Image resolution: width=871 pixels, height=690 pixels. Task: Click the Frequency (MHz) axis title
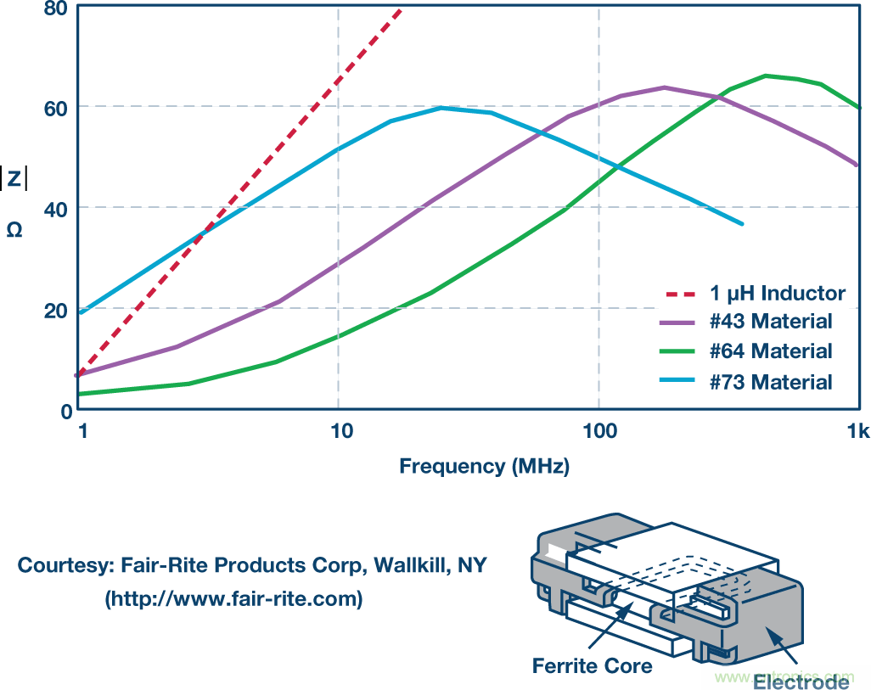point(485,466)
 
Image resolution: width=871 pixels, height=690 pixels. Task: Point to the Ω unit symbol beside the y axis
point(14,229)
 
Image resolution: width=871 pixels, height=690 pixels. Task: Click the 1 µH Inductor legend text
point(778,295)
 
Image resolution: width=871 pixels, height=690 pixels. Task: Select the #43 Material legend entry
point(771,322)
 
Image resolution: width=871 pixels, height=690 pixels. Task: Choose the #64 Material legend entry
point(771,351)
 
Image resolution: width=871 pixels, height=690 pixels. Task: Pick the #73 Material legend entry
point(771,382)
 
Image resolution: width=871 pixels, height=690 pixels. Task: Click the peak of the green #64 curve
point(767,76)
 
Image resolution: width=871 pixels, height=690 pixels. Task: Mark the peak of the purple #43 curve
point(664,87)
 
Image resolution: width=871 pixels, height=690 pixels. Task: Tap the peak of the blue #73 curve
point(441,108)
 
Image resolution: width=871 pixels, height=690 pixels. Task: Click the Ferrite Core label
point(593,665)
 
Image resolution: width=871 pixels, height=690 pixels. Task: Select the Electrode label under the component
point(801,682)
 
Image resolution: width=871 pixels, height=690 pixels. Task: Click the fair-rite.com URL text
point(233,599)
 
